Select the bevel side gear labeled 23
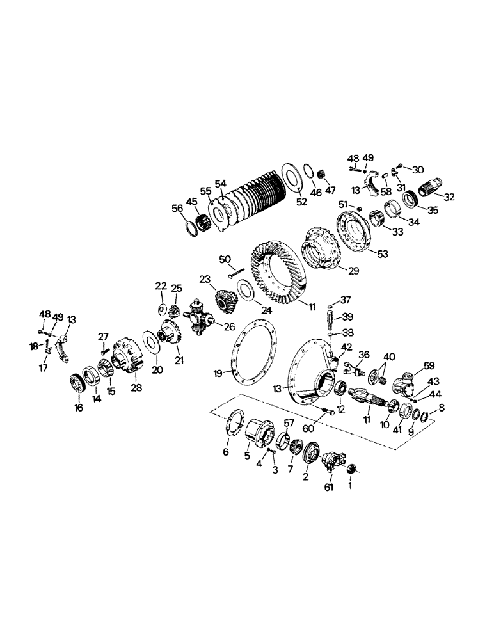click(223, 300)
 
